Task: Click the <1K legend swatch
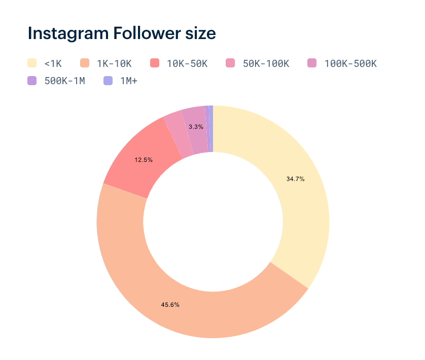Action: [x=32, y=63]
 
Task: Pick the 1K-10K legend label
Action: [x=114, y=64]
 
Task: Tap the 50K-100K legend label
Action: [x=266, y=64]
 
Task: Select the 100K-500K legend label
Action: [x=350, y=64]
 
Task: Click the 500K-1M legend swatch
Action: [x=32, y=81]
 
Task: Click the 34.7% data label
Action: [x=295, y=179]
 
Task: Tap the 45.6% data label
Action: [x=170, y=305]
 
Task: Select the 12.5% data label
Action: [x=144, y=160]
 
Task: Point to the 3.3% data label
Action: [x=196, y=127]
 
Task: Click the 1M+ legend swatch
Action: [x=108, y=81]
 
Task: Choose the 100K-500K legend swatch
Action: [x=312, y=63]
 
